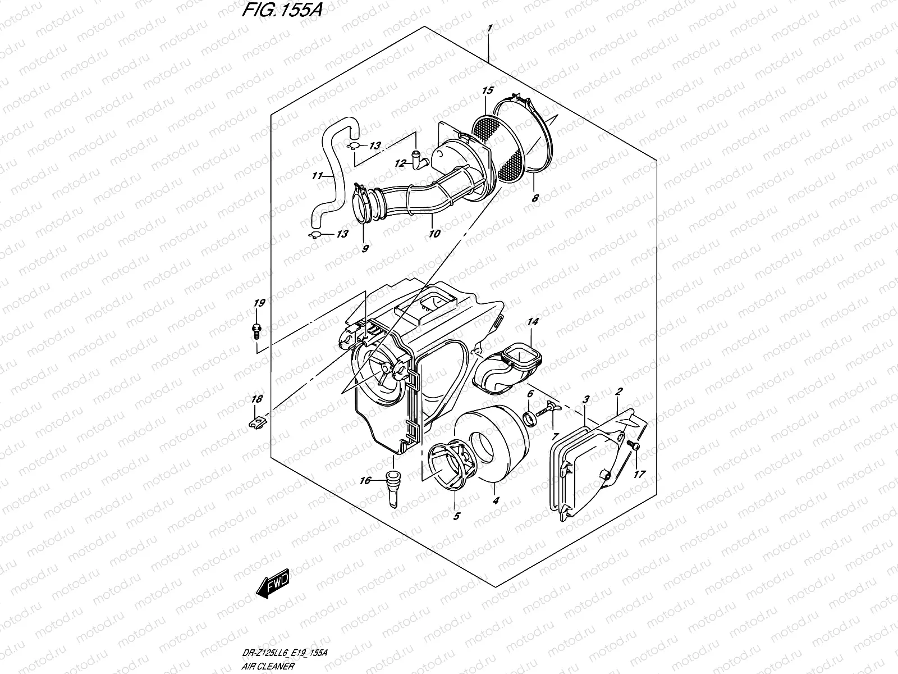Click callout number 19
click(259, 303)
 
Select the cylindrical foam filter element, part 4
click(497, 443)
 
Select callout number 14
click(532, 322)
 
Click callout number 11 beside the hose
click(317, 176)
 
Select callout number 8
click(535, 198)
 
